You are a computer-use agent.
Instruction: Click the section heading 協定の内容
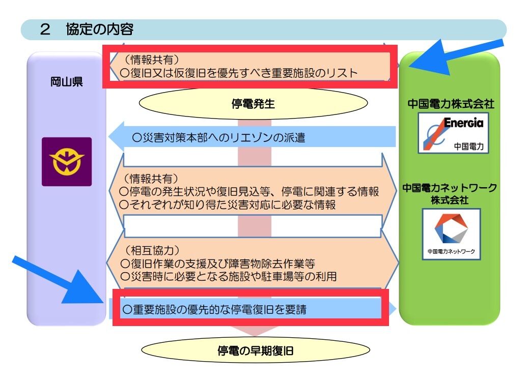(x=99, y=30)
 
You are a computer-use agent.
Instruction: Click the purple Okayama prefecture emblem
(x=67, y=162)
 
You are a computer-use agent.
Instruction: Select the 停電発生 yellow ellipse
(x=253, y=104)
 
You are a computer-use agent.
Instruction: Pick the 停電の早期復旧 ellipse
(x=255, y=350)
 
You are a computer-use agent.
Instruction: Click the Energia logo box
(x=453, y=133)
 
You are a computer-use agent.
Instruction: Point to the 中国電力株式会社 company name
(x=451, y=104)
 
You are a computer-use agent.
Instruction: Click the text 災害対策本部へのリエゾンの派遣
(x=218, y=137)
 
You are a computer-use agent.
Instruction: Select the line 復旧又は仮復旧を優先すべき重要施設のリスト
(x=239, y=73)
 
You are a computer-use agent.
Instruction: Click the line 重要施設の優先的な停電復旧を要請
(x=214, y=309)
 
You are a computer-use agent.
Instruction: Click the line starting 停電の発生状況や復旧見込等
(x=249, y=191)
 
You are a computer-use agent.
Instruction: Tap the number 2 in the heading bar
(x=45, y=30)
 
